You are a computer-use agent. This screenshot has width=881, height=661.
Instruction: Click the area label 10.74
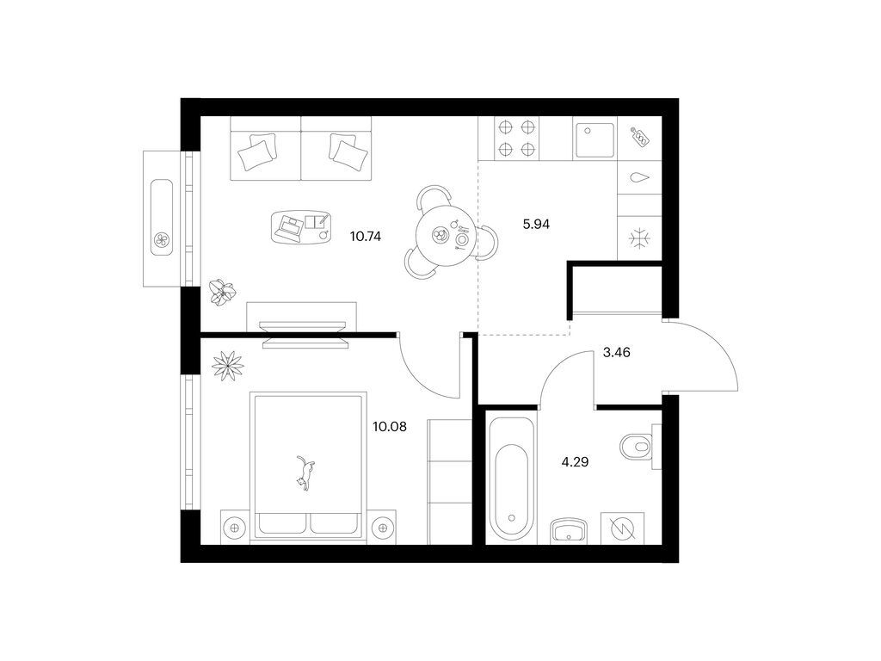[365, 237]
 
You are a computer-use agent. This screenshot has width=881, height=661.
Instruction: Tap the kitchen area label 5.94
[536, 225]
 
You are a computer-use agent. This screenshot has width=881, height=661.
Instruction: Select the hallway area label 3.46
[616, 353]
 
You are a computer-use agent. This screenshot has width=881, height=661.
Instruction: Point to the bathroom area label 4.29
[576, 462]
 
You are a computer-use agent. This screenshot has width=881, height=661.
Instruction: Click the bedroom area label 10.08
[390, 427]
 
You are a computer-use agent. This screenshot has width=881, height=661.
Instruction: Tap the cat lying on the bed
[305, 473]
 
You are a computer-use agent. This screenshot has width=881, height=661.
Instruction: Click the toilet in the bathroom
[640, 448]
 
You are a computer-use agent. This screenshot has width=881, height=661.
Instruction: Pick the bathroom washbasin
[569, 530]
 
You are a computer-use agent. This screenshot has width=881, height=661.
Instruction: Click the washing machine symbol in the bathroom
[623, 528]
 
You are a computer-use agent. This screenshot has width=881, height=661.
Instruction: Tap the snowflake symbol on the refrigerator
[639, 238]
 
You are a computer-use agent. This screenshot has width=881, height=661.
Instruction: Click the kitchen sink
[595, 140]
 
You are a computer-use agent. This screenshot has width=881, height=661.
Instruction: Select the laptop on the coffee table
[291, 227]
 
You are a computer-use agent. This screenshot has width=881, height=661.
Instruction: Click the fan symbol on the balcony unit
[162, 241]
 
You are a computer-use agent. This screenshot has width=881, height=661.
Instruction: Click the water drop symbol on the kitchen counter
[639, 177]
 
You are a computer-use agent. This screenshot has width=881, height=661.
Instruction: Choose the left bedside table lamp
[235, 528]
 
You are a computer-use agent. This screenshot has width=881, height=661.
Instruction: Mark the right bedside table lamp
[382, 528]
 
